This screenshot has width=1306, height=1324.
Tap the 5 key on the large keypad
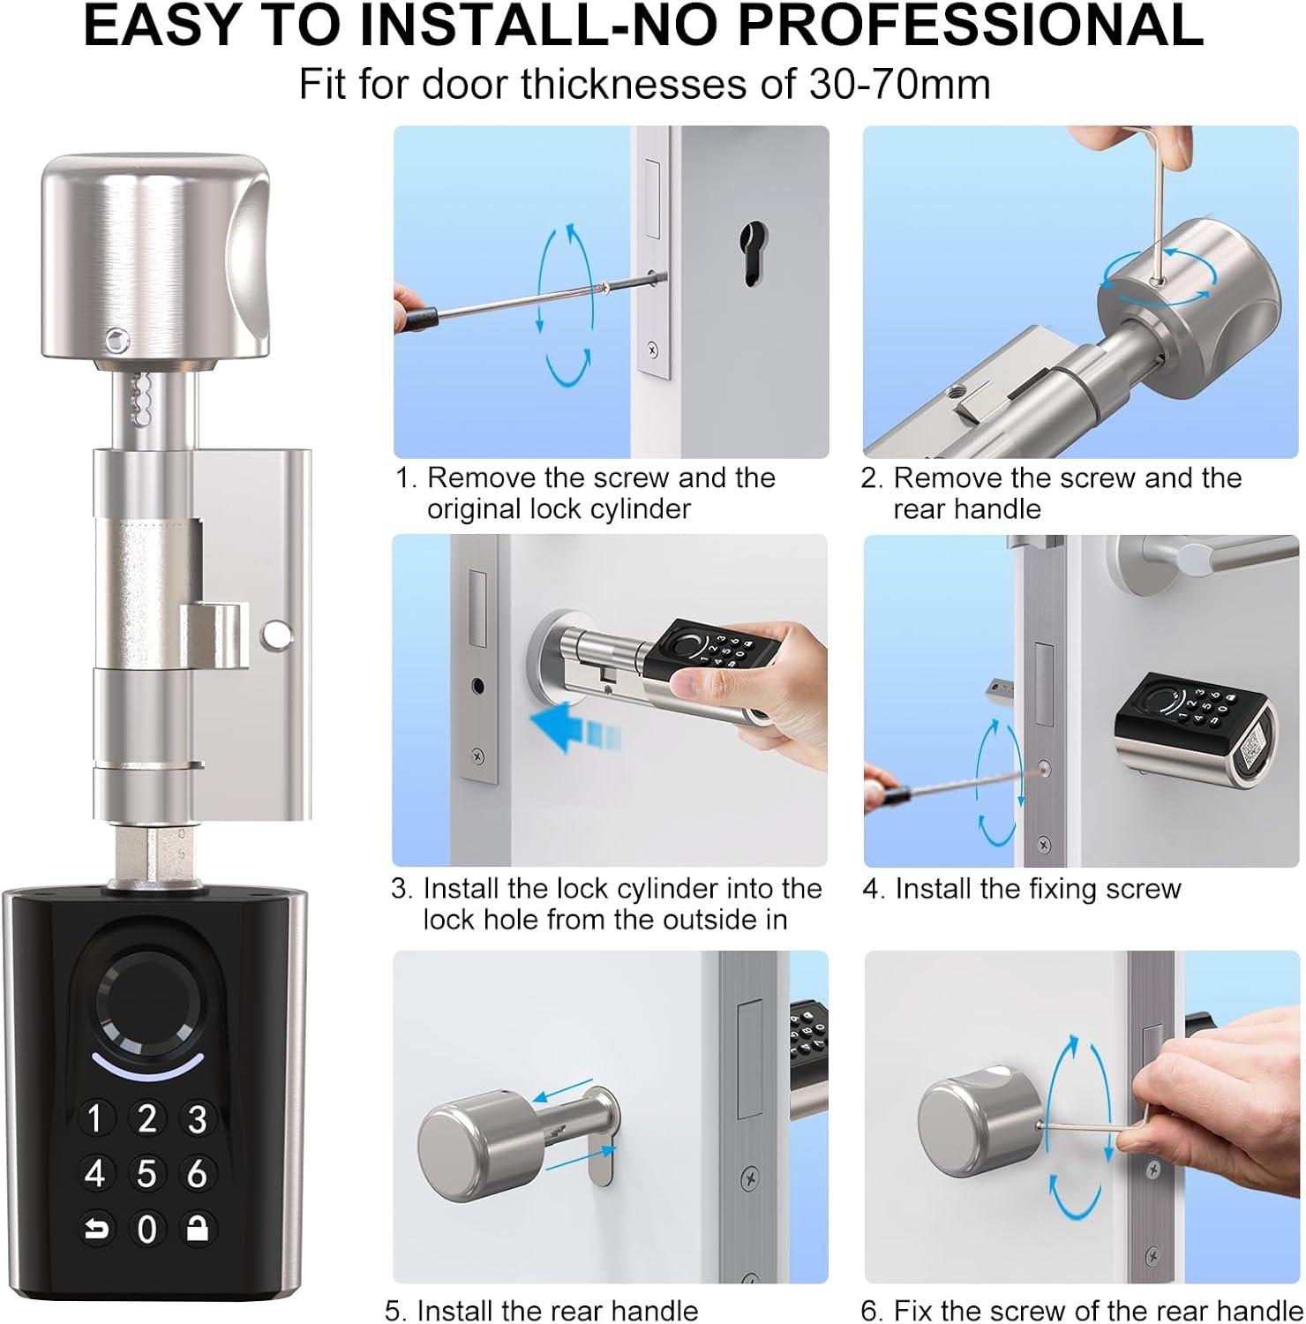146,1173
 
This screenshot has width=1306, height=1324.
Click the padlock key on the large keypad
198,1228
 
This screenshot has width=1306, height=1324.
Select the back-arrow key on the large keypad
95,1228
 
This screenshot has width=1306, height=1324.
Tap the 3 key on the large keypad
198,1118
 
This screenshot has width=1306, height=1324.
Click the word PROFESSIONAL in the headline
971,26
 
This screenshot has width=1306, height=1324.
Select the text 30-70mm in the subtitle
899,84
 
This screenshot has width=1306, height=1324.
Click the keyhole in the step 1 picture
752,252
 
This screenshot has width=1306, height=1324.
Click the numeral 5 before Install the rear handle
394,1310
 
